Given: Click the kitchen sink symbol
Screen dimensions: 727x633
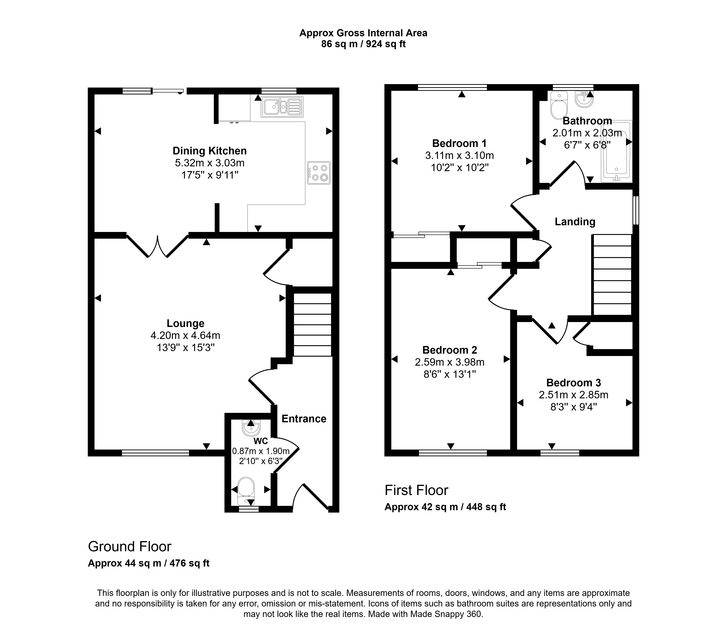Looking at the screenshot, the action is click(282, 107).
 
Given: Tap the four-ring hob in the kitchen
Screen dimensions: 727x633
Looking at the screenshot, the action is click(319, 173).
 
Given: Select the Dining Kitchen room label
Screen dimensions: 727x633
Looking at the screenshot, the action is click(210, 151).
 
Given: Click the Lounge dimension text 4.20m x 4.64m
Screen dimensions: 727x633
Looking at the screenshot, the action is click(186, 335).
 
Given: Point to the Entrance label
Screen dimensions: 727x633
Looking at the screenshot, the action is click(304, 419).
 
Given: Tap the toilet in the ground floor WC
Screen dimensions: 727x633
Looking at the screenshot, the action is click(246, 491).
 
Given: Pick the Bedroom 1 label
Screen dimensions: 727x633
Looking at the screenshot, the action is click(459, 143).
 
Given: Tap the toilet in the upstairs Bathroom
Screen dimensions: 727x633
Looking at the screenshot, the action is click(559, 105).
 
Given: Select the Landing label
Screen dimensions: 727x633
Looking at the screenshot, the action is click(575, 222).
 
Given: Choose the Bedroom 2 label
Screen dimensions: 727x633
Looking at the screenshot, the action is click(450, 350).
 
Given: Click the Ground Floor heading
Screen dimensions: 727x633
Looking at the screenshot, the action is click(130, 547).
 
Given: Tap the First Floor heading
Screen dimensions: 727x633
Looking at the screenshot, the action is click(416, 490).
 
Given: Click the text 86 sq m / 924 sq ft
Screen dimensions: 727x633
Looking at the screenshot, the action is click(363, 44).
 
